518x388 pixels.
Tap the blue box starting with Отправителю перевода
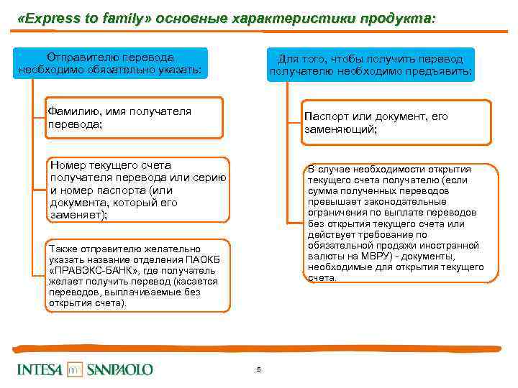tap(111, 63)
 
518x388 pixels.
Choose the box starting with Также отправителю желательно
tap(137, 275)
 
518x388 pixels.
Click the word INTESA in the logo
tap(40, 369)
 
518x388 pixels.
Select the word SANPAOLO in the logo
tap(120, 369)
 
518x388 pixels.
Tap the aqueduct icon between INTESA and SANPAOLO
tap(76, 369)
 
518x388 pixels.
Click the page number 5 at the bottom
tap(258, 370)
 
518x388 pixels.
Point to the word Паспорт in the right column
tap(324, 116)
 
